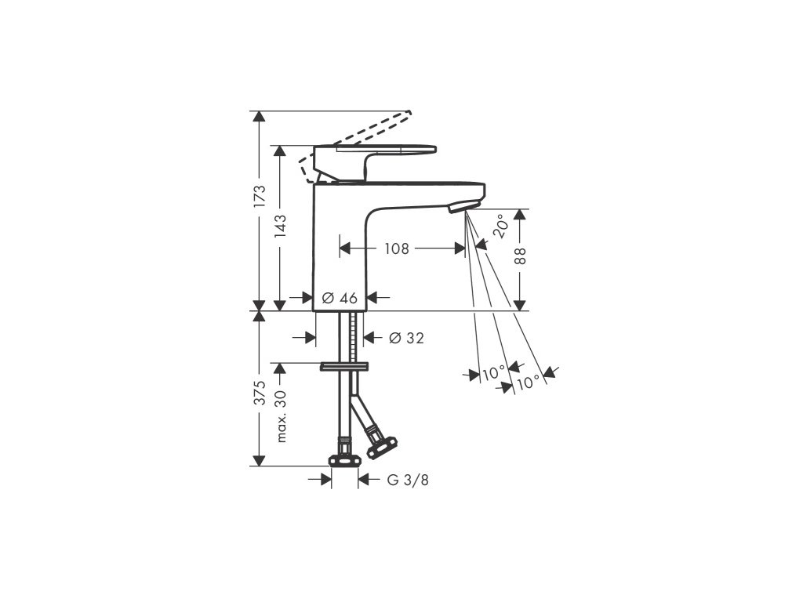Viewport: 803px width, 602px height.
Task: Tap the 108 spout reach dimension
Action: [396, 248]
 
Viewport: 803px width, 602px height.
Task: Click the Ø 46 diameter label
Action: [340, 298]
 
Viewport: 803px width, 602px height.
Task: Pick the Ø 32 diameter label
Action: [406, 338]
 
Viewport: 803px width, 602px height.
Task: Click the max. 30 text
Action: [282, 417]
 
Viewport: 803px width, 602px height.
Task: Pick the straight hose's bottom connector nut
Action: [343, 458]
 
